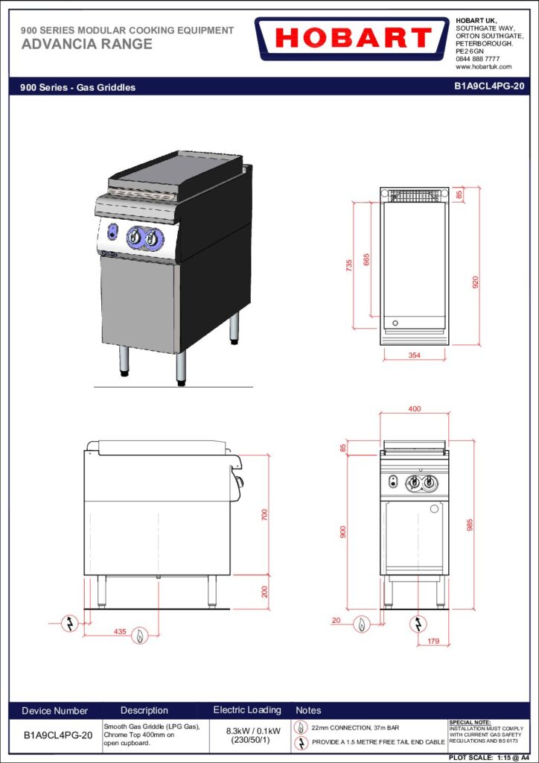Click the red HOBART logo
click(x=352, y=39)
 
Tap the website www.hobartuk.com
click(x=484, y=66)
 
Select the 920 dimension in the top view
click(x=476, y=282)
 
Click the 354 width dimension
click(x=414, y=355)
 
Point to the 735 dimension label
click(x=349, y=266)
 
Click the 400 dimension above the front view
click(x=415, y=409)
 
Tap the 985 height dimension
click(x=470, y=525)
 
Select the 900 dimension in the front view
click(x=342, y=532)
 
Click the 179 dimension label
click(x=433, y=642)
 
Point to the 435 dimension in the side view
click(x=120, y=632)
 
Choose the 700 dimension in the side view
click(x=264, y=515)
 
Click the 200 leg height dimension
click(x=264, y=592)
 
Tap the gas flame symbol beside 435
click(x=140, y=635)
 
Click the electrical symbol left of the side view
click(x=70, y=623)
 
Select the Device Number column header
click(x=55, y=711)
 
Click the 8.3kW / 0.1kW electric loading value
click(x=247, y=731)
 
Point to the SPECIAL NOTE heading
click(x=470, y=723)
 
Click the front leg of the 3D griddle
click(x=181, y=368)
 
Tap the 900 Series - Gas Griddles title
click(x=77, y=88)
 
